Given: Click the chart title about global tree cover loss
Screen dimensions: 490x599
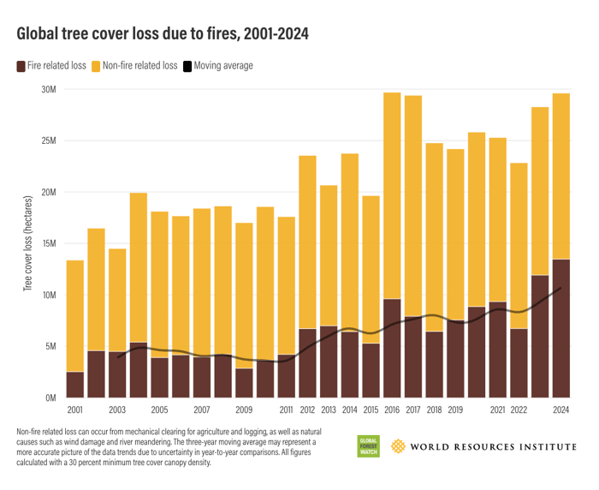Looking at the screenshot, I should (162, 34).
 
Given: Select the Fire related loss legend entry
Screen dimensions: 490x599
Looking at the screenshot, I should (50, 65).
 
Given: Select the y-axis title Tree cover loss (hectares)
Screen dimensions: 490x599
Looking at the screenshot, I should (27, 244).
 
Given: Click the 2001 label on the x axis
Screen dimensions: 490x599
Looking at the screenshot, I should (75, 409).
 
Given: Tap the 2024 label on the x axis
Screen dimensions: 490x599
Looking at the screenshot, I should (560, 409).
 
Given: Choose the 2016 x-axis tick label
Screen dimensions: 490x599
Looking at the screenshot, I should (392, 409).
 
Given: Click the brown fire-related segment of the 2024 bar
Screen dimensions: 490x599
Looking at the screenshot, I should (560, 330).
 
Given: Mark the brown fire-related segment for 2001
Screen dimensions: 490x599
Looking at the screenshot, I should (75, 385).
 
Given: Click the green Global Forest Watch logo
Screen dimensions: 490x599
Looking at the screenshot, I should (369, 446).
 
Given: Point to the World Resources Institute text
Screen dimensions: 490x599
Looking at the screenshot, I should (492, 446).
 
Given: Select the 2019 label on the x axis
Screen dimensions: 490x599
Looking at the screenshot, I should (455, 409).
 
